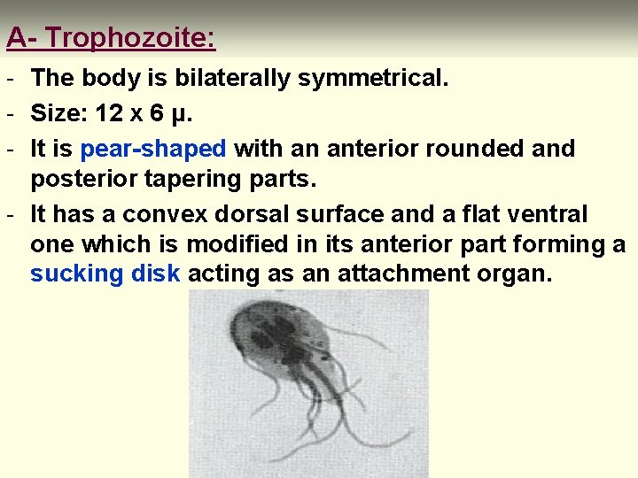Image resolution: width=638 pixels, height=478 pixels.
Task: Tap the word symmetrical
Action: pos(373,79)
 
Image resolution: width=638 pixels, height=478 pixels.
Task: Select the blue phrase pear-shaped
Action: pos(153,149)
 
